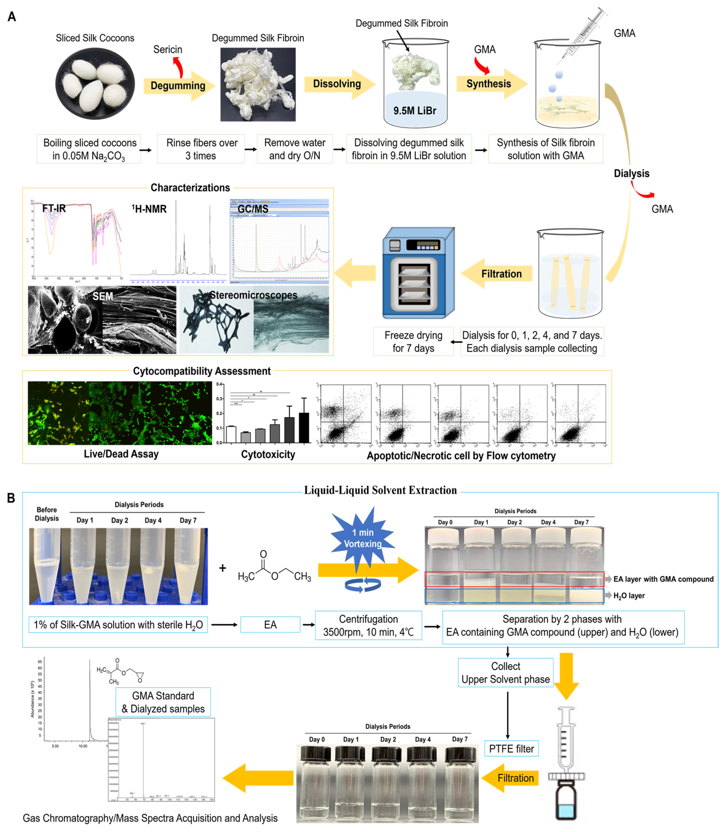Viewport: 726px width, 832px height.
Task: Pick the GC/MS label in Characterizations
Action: tap(253, 209)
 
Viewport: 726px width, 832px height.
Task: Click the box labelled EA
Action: tap(270, 625)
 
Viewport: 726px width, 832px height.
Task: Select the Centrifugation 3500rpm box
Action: tap(368, 625)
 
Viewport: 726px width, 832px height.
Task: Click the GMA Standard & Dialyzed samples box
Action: tap(163, 702)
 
